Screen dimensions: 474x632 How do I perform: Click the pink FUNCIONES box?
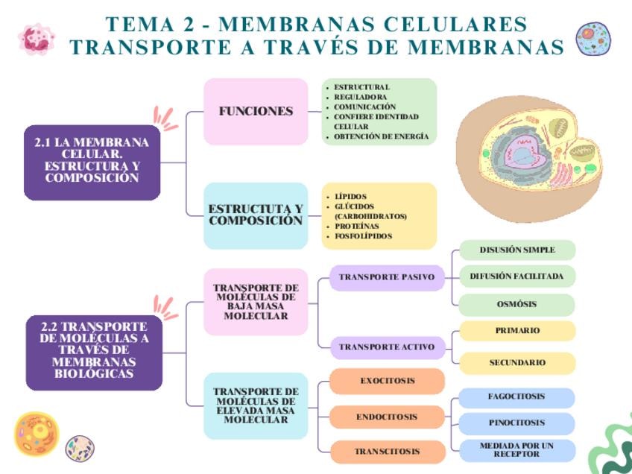tap(256, 111)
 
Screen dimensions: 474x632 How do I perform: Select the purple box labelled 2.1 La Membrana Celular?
tap(92, 160)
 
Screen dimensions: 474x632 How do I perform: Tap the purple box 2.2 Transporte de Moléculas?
tap(94, 350)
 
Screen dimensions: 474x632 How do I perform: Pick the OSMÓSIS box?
tap(516, 304)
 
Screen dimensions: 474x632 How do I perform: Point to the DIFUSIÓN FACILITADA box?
tap(516, 276)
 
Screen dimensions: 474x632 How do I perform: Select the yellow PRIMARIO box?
tap(517, 330)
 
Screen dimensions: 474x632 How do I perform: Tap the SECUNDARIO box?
tap(517, 363)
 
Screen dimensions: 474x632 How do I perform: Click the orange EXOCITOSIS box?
tap(388, 381)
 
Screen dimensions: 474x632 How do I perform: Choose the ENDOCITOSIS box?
tap(387, 417)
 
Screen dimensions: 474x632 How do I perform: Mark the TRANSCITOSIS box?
tap(387, 452)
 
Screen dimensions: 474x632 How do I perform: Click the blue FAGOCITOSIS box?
tap(516, 396)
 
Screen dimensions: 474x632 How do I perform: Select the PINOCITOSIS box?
tap(516, 423)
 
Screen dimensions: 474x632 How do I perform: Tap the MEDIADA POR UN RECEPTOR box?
tap(516, 449)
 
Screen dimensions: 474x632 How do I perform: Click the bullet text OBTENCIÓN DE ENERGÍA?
tap(381, 136)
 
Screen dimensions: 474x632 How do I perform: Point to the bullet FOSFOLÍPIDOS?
tap(363, 236)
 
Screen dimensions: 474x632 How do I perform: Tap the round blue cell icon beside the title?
tap(593, 38)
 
